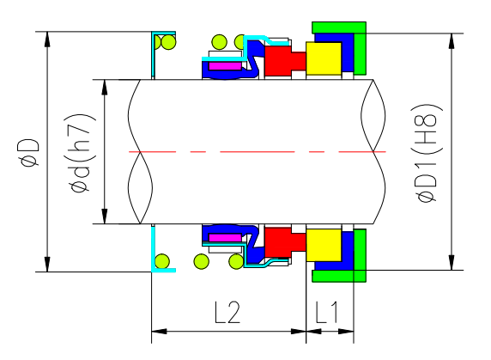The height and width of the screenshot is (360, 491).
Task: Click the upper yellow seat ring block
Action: [324, 58]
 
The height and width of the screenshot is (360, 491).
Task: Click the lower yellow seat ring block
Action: [324, 246]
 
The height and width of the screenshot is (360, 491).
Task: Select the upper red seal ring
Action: [281, 61]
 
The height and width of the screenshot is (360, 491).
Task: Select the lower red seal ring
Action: [281, 241]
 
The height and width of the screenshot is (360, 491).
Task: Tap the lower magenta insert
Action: [225, 237]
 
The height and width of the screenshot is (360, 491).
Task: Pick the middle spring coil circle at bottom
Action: [203, 262]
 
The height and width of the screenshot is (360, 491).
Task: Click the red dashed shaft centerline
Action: [258, 151]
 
